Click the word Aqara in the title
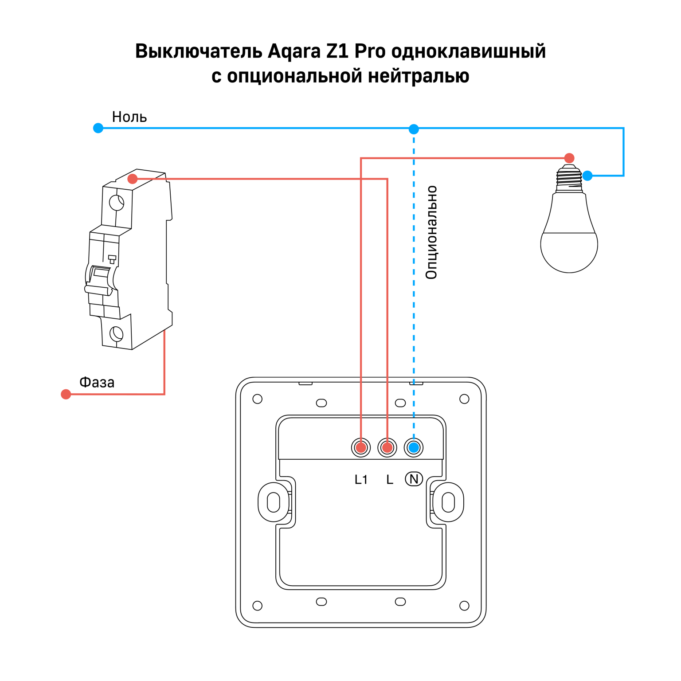coord(294,52)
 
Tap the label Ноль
coord(129,117)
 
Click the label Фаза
coord(97,382)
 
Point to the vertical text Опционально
coord(431,232)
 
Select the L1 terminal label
coord(361,479)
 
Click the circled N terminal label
coord(414,479)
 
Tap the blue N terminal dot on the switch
coord(414,447)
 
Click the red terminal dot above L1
coord(361,447)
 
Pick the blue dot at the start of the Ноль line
coord(98,128)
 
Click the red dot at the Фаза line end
coord(66,394)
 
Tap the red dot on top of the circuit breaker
coord(132,179)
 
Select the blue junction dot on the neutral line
coord(414,129)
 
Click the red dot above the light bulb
coord(569,158)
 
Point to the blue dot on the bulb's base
coord(587,176)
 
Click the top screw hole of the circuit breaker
coord(117,203)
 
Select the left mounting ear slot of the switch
coord(274,502)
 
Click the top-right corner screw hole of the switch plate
coord(464,399)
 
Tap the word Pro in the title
coord(370,52)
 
